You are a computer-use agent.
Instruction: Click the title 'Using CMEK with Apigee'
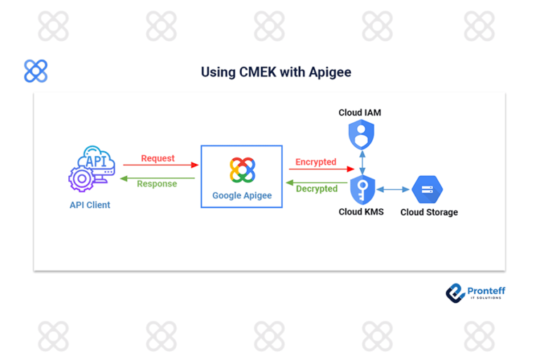276,72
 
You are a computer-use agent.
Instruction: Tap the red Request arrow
161,166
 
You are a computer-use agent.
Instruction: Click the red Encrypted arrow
321,169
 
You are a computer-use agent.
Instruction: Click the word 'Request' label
157,158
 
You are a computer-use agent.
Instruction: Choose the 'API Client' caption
89,205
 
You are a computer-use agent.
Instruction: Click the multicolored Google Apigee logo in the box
242,171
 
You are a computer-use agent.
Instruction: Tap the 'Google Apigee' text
242,195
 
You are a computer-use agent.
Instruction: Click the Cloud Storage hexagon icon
427,190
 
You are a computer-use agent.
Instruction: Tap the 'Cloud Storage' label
429,212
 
